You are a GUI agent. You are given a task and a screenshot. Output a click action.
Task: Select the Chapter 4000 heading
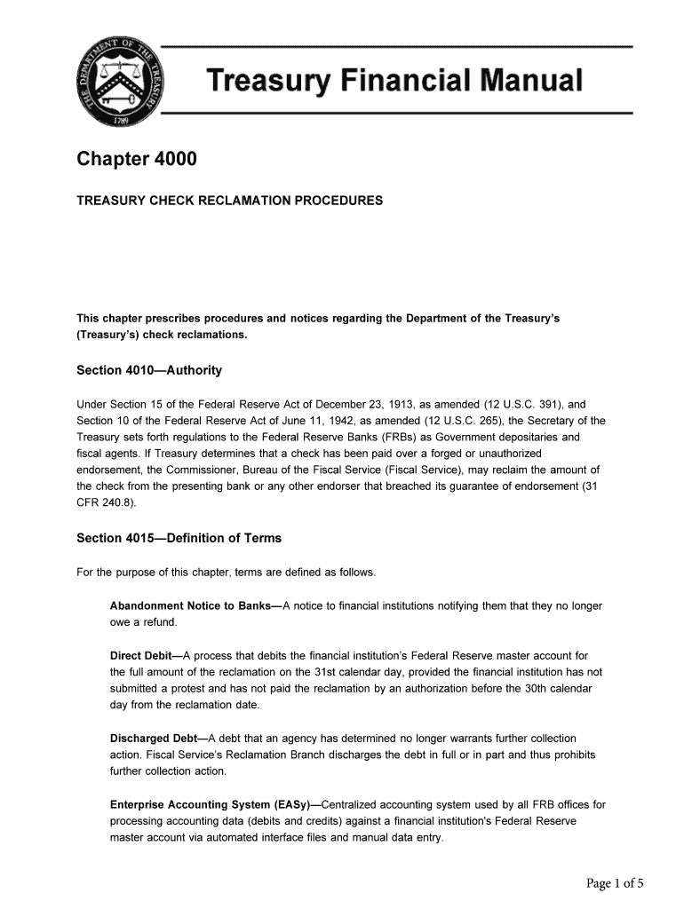coord(137,160)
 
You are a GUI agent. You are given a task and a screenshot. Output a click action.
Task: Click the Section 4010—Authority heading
coord(149,370)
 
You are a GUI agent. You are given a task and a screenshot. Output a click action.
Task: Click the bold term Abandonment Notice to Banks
coord(191,606)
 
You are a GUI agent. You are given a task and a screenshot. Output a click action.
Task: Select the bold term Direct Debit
coord(142,656)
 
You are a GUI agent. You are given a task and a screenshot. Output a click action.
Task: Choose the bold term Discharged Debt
coord(154,739)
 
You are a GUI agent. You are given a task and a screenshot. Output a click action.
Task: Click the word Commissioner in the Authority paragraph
coord(186,470)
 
